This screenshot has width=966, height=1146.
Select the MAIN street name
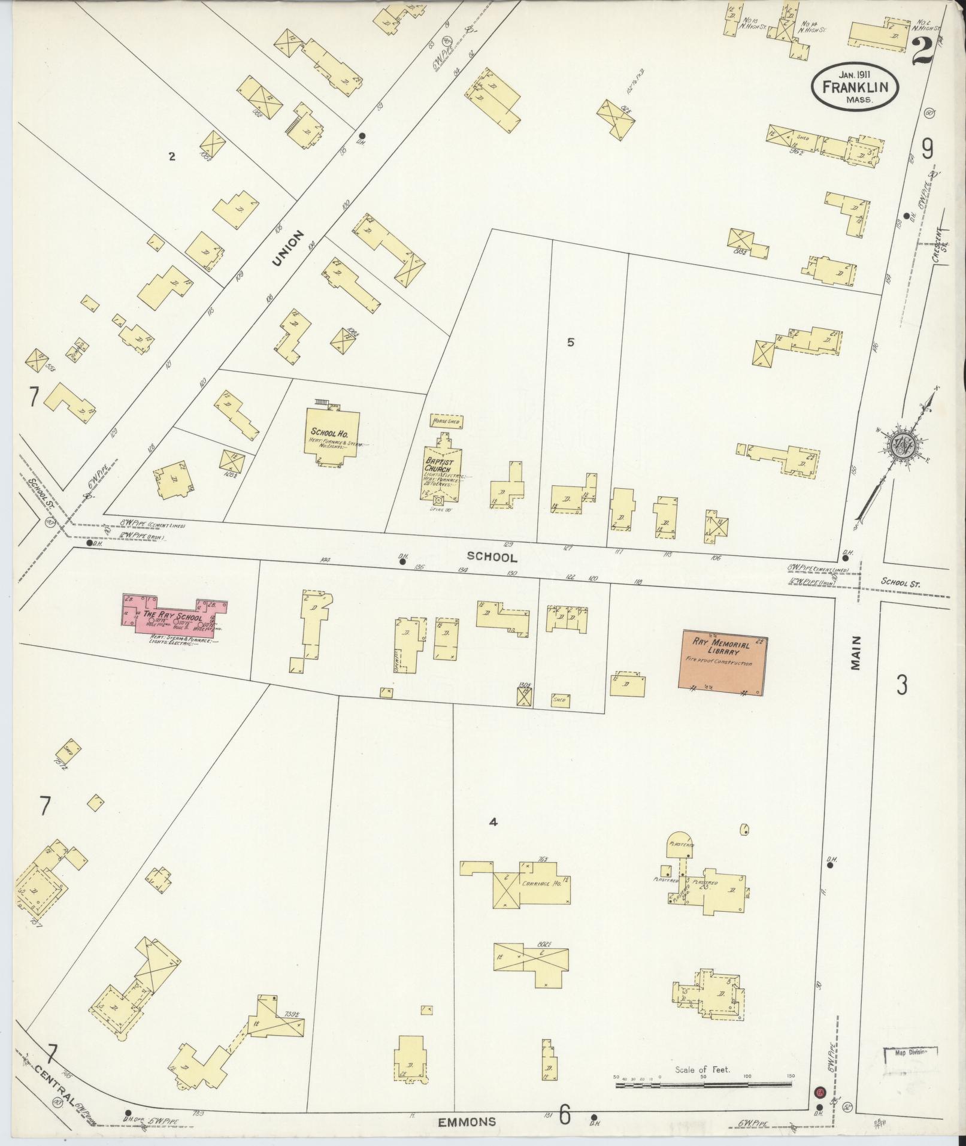[x=855, y=653]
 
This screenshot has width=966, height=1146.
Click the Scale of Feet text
[x=702, y=1069]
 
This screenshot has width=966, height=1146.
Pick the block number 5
[x=570, y=343]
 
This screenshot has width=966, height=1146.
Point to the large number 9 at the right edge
[x=927, y=149]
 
